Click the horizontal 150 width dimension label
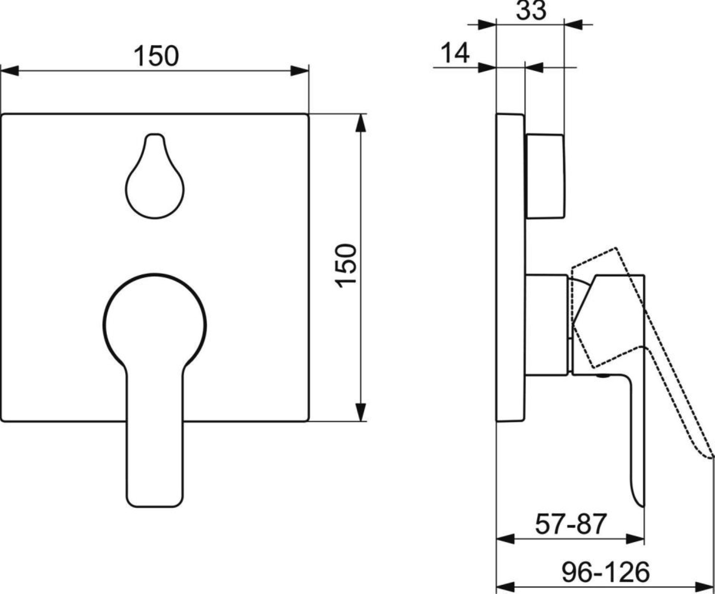click(156, 56)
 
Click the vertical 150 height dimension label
click(346, 266)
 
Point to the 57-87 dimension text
click(571, 524)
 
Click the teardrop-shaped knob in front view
click(155, 176)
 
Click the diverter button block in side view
click(545, 176)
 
